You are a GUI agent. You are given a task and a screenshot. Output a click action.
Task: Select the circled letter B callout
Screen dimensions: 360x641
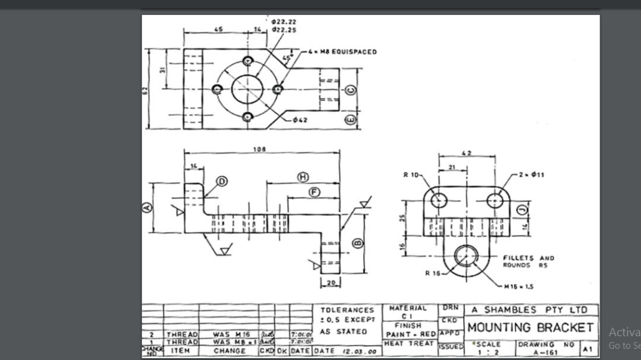357,243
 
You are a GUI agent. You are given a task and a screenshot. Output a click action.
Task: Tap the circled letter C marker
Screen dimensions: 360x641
351,90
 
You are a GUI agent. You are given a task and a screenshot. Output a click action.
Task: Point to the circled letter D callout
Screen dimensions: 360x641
222,182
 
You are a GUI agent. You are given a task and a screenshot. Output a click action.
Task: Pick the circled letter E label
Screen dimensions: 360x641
351,119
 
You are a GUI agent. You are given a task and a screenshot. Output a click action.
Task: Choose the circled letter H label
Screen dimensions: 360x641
303,177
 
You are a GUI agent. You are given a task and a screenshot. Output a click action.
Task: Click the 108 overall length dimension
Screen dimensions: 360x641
259,150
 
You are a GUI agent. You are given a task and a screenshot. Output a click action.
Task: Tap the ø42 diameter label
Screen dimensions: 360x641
300,119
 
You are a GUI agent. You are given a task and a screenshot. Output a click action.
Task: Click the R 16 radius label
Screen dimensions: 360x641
433,273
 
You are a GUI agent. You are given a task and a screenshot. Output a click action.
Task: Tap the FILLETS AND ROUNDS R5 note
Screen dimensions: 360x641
529,261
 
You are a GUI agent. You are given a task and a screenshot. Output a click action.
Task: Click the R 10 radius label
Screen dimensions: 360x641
411,174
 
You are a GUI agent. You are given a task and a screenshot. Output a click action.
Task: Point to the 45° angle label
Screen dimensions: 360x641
287,58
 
